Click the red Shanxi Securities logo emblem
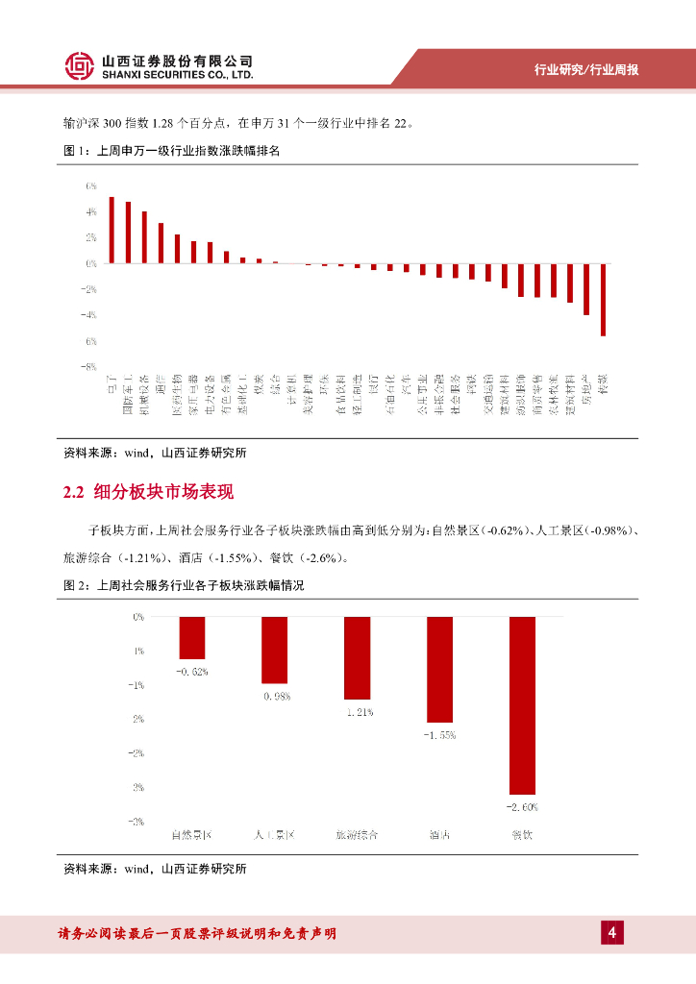tap(80, 65)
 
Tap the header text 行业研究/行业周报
tap(586, 70)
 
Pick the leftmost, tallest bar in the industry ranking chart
tap(112, 230)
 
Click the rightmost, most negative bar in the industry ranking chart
tap(603, 299)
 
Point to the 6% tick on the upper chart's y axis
tap(91, 184)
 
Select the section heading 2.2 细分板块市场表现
tap(148, 493)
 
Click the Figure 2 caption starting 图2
tap(183, 584)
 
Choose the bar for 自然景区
tap(192, 637)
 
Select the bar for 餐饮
tap(522, 704)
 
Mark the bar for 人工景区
tap(275, 650)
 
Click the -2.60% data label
tap(522, 806)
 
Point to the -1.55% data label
tap(440, 734)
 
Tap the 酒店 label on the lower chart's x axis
tap(440, 834)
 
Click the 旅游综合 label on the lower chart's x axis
tap(357, 834)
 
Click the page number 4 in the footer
tap(611, 932)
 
